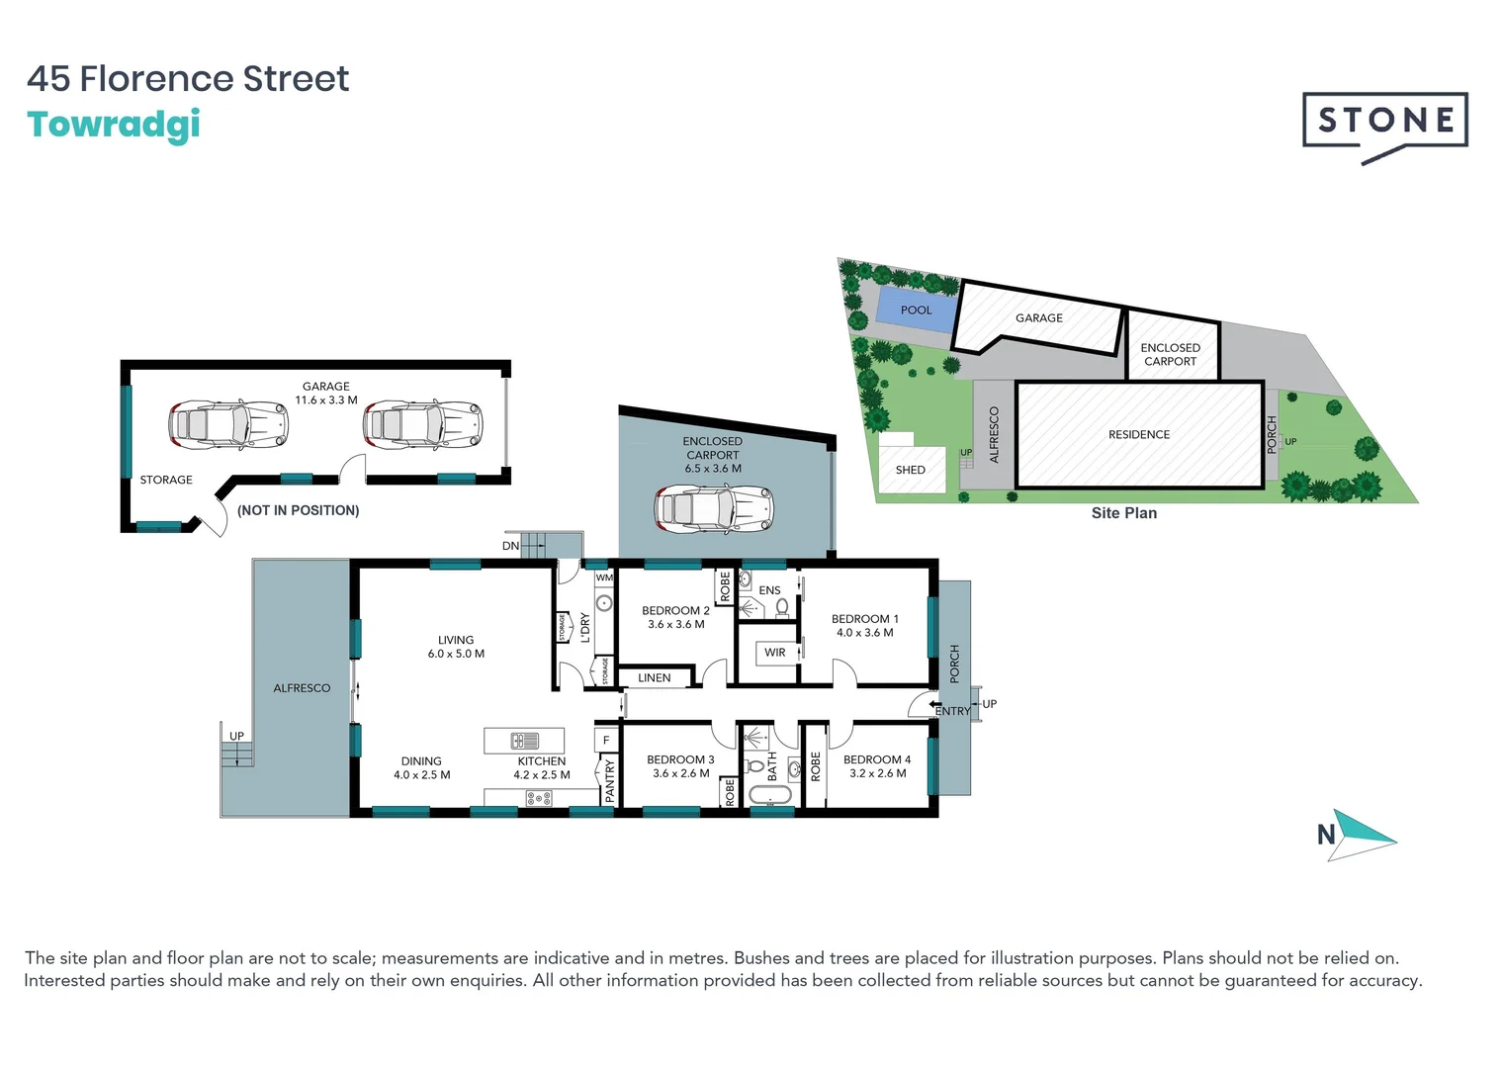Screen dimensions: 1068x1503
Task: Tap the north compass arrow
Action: (x=1359, y=835)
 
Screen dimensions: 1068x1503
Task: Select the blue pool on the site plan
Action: (x=916, y=310)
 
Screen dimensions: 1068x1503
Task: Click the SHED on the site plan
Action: (x=911, y=470)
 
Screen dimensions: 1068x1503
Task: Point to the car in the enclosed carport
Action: (x=713, y=508)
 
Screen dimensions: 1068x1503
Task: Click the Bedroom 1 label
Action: (x=864, y=619)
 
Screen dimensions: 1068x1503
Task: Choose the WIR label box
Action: (x=775, y=653)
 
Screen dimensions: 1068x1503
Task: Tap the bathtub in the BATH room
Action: (x=770, y=795)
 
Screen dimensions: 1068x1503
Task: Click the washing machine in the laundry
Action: (x=603, y=603)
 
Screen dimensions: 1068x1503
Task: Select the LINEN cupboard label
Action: (x=654, y=678)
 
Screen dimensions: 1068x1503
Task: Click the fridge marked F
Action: (x=606, y=740)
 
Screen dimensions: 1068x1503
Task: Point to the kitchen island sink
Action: (x=524, y=741)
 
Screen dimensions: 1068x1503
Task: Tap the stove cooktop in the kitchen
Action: (x=539, y=798)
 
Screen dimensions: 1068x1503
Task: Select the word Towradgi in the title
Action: (x=114, y=125)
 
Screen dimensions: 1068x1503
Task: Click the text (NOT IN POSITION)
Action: (x=298, y=510)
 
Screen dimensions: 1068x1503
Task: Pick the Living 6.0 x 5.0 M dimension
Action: (x=456, y=654)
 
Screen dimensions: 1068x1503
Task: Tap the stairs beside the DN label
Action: (x=534, y=543)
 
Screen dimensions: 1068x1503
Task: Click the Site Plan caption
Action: (x=1123, y=513)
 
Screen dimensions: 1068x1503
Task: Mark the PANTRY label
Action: (x=609, y=780)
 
